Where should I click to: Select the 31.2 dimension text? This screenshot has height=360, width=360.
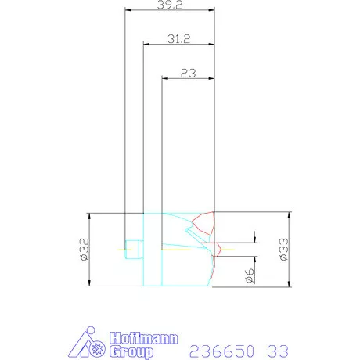pos(180,38)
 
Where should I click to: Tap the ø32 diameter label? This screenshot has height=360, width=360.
pos(82,250)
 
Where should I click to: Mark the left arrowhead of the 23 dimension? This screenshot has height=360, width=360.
pos(164,78)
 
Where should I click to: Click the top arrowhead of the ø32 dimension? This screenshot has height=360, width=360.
pos(91,216)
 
